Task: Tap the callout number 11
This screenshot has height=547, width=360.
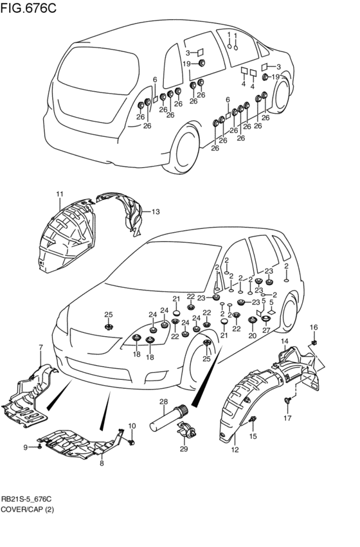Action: coord(59,194)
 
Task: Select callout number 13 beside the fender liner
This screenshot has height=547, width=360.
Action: coord(155,211)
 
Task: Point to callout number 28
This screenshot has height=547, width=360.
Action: coord(164,402)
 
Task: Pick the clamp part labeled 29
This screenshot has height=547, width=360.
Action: coord(186,429)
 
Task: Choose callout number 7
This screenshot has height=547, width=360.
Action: coord(40,347)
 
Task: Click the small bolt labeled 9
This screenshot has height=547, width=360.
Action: coord(39,447)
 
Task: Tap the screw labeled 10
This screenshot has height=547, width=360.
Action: coord(131,442)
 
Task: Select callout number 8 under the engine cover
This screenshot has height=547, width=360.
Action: coord(102,463)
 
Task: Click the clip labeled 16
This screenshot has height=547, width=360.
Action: coord(314,342)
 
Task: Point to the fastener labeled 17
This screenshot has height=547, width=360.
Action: coord(287,400)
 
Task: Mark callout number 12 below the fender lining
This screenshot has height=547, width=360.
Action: coord(235,450)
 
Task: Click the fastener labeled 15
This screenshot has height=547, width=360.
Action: coord(253,419)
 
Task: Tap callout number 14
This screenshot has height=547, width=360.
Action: coord(285,341)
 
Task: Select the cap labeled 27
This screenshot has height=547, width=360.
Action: coord(266,319)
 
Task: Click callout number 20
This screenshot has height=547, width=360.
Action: coord(252,336)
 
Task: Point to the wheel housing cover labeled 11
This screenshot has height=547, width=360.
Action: coord(66,237)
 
